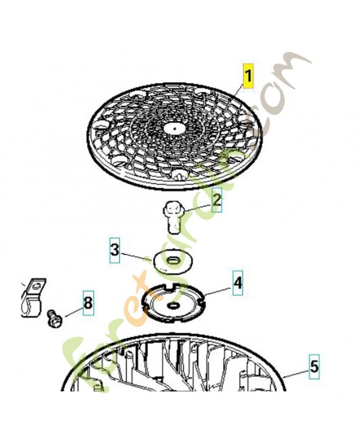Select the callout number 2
point(216,200)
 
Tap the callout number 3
point(114,251)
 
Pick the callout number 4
point(237,283)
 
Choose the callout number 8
point(88,303)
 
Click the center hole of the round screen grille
point(175,129)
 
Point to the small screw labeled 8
point(54,319)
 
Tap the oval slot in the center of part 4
point(173,305)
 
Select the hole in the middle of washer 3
point(172,260)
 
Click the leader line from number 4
point(219,291)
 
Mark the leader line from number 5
point(296,374)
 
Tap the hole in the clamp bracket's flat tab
point(36,287)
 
